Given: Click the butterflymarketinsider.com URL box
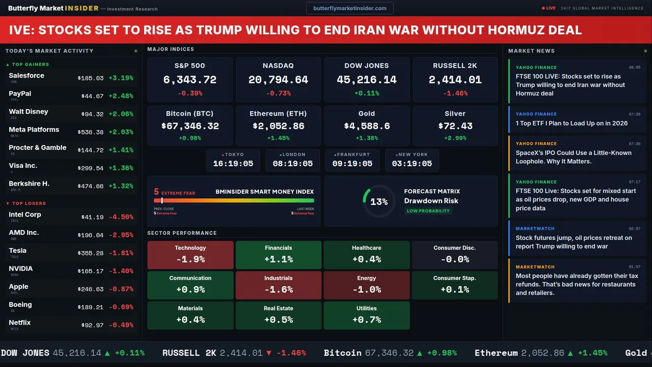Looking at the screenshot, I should coord(350,8).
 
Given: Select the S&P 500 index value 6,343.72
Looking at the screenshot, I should coord(189,80).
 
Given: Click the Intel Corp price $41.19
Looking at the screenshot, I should coord(92,217).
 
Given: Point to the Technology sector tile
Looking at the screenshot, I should coord(190,255).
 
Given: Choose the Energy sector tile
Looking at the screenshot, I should coord(366,285).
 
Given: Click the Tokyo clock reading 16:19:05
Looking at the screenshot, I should coord(233,164).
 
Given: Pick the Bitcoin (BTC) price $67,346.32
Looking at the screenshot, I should coord(189,126).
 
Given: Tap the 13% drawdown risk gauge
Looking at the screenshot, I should coord(378,202).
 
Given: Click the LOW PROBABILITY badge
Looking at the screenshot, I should coord(428,211).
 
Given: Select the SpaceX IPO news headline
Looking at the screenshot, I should coord(574,157).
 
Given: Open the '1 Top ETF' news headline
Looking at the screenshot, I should coord(572,123).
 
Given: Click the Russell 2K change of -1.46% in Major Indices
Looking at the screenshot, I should coord(455,93).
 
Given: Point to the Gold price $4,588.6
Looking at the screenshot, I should coord(366,126).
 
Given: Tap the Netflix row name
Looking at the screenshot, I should coord(20,323).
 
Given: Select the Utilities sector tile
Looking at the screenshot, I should coord(366,316).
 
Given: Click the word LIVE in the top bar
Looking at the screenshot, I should coord(551,8).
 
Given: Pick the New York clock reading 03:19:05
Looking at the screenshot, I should coord(412,164).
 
